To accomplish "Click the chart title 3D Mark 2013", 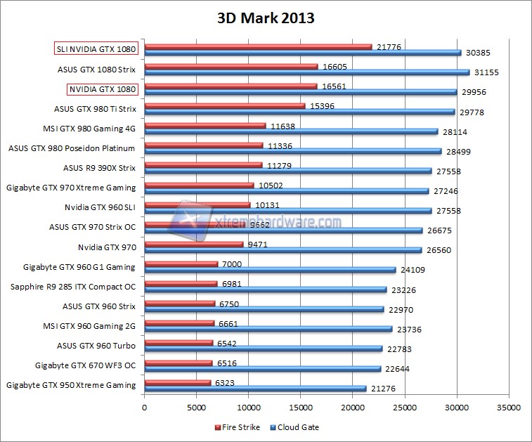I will [266, 18].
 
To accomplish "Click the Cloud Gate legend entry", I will [298, 427].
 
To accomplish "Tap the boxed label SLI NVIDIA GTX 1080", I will [96, 48].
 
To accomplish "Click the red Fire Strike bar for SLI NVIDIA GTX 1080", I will [258, 46].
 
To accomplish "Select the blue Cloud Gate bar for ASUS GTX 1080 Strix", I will [306, 72].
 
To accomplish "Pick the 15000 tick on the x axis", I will [301, 406].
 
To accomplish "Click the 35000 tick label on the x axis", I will [508, 406].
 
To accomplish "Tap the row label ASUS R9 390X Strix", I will [99, 168].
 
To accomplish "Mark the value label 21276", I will [383, 389].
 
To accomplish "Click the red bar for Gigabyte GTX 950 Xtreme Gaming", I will [177, 382].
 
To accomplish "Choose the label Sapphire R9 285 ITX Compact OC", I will [73, 287].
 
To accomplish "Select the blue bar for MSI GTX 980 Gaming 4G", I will [291, 131].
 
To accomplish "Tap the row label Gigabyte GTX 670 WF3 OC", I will [85, 365].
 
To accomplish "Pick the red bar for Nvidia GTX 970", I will [193, 244].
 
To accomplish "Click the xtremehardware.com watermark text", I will [277, 222].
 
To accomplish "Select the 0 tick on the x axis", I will [145, 406].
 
